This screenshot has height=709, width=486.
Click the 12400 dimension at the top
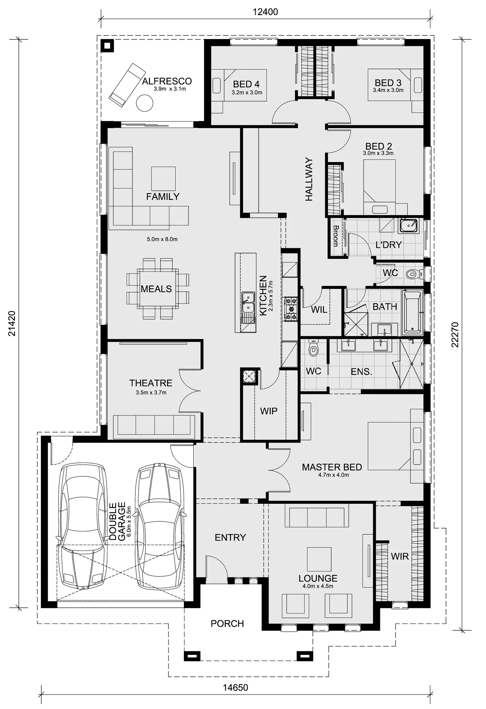[x=265, y=12]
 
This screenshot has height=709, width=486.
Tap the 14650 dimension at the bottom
[x=235, y=688]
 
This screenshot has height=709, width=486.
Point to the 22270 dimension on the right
[x=455, y=334]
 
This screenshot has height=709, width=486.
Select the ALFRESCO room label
[x=167, y=81]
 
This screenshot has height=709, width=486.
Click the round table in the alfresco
[x=145, y=103]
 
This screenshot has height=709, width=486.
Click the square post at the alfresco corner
[x=107, y=45]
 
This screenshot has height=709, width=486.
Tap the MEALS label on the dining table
[x=156, y=289]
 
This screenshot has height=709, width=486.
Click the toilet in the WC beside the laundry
[x=413, y=274]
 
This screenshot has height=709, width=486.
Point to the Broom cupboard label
[x=336, y=236]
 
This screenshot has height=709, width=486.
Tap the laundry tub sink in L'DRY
[x=408, y=226]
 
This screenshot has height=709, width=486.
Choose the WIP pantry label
[x=268, y=411]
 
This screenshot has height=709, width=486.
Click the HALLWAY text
[x=309, y=179]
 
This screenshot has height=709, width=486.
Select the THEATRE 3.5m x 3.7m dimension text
[x=151, y=392]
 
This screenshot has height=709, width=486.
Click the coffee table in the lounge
[x=319, y=559]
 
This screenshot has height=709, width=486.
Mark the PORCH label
[x=227, y=624]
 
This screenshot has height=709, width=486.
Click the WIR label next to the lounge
[x=399, y=557]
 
